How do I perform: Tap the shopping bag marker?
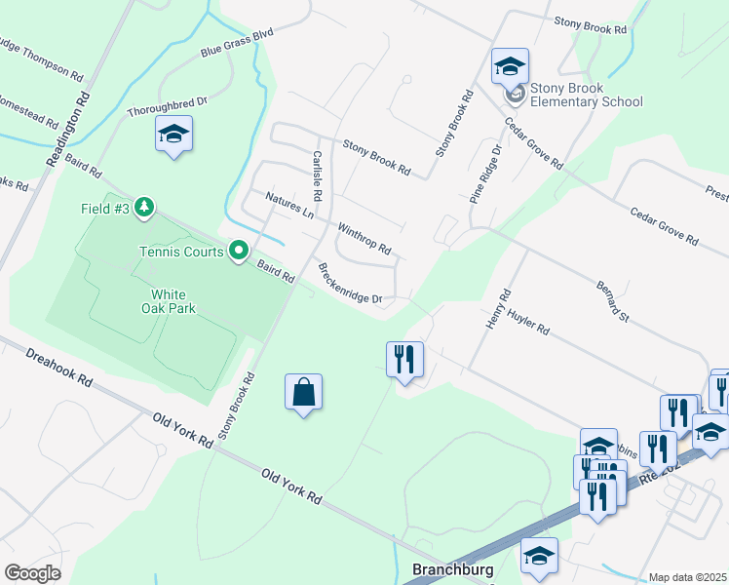(304, 392)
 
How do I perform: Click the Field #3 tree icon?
(144, 207)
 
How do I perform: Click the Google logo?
(32, 573)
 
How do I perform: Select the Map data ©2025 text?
(688, 577)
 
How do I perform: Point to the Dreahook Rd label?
(58, 367)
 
